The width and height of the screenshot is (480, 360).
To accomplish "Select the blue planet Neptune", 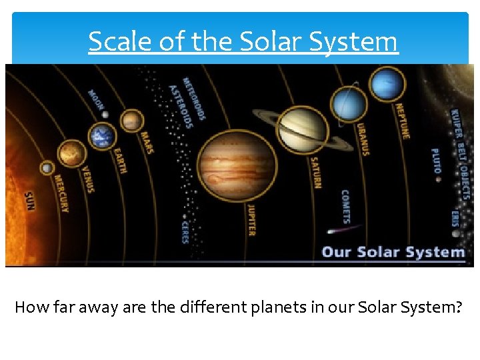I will (x=387, y=85).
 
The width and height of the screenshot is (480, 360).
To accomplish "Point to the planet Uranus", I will (x=349, y=105).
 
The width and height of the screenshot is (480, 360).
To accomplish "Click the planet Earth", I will (x=102, y=135).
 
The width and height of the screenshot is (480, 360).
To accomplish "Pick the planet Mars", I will (x=132, y=121).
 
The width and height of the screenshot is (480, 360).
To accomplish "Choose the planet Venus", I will (x=71, y=154).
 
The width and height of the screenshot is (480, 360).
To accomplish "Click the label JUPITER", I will (x=251, y=220).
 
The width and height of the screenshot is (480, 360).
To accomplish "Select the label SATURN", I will (x=316, y=172).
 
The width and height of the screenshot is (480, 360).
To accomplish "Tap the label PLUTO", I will (x=435, y=161).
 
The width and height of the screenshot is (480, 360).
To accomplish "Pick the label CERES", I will (x=185, y=231).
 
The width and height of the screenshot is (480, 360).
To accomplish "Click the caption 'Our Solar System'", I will (x=393, y=252).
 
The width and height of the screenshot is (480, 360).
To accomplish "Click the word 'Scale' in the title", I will (x=113, y=42).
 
